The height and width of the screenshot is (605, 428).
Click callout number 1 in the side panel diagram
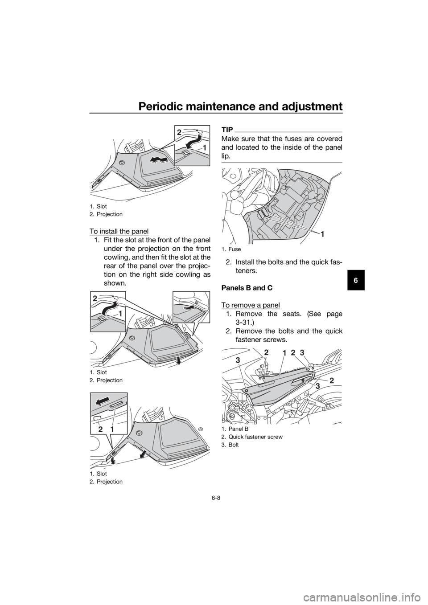[x=284, y=353]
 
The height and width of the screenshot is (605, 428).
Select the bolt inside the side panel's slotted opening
[x=303, y=381]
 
